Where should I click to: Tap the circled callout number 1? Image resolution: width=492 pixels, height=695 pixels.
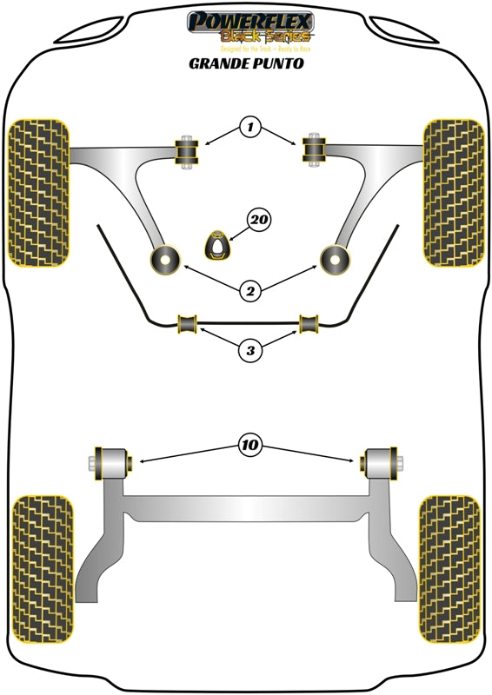250,129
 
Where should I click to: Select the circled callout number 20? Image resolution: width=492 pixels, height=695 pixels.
256,222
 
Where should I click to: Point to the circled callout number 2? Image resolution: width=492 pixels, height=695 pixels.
250,292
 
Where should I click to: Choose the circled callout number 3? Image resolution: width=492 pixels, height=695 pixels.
250,351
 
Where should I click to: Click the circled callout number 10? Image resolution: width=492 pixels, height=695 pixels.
250,446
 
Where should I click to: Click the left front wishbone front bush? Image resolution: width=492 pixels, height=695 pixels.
186,154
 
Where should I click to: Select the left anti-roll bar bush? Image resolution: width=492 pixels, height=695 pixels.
188,324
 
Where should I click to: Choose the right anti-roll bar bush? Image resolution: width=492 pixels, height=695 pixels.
309,324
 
